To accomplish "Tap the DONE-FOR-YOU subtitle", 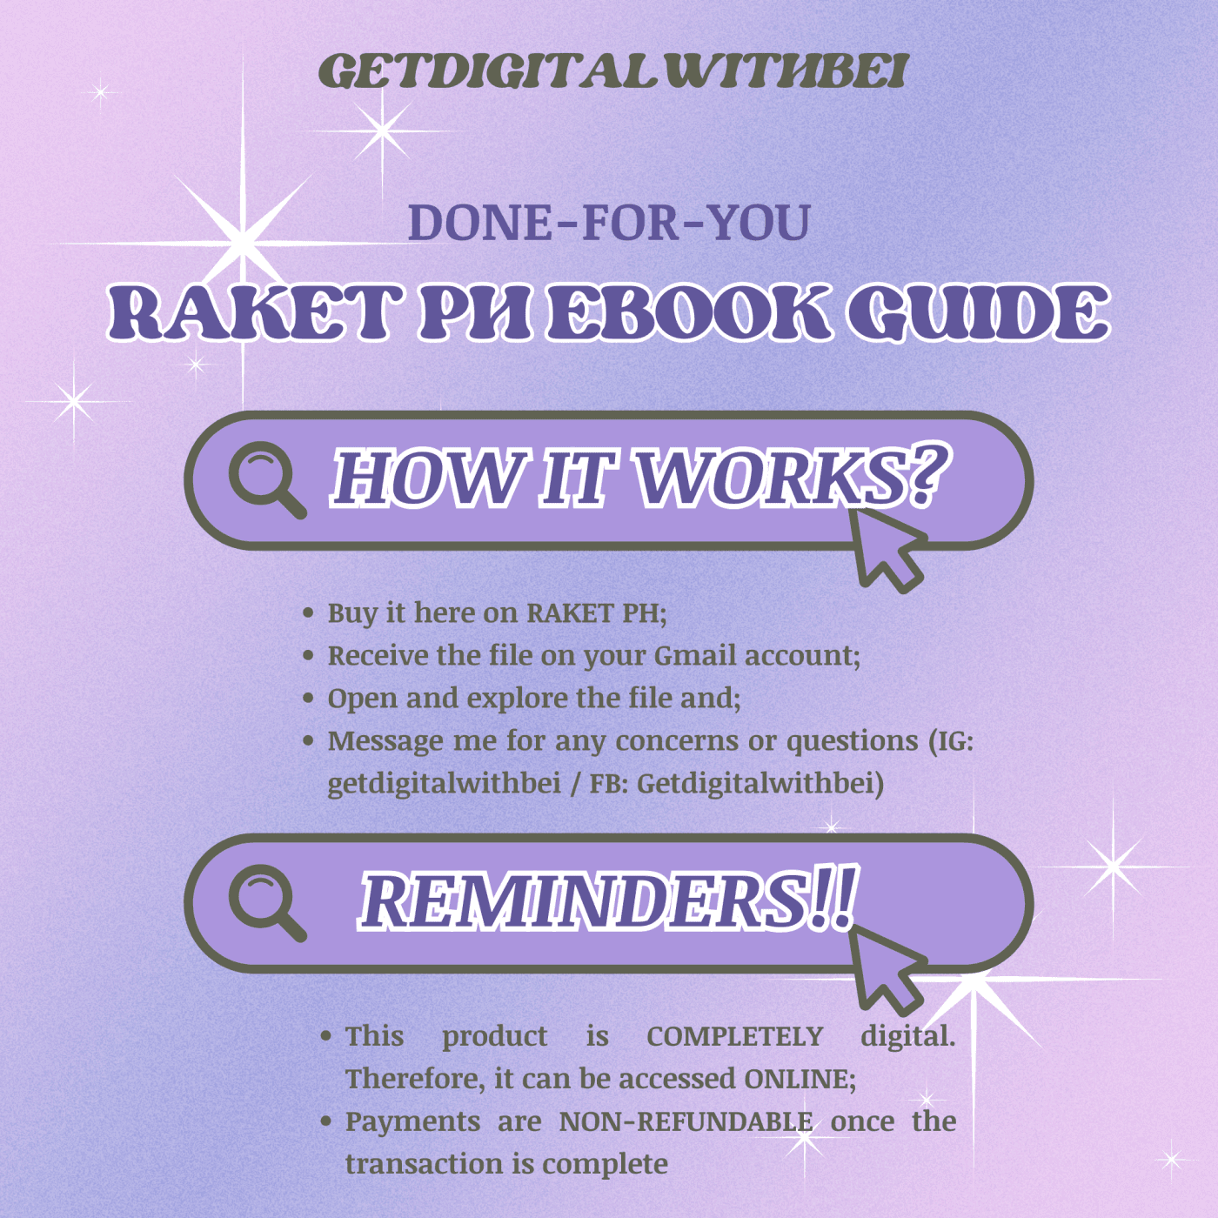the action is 609,223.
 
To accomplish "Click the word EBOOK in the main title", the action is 688,311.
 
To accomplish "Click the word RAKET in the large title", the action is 248,311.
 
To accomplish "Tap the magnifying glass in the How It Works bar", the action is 267,479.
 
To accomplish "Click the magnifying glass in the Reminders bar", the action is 267,902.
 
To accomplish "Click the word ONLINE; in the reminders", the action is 800,1079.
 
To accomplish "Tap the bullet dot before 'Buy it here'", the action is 309,613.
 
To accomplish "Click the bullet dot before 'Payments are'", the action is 326,1122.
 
